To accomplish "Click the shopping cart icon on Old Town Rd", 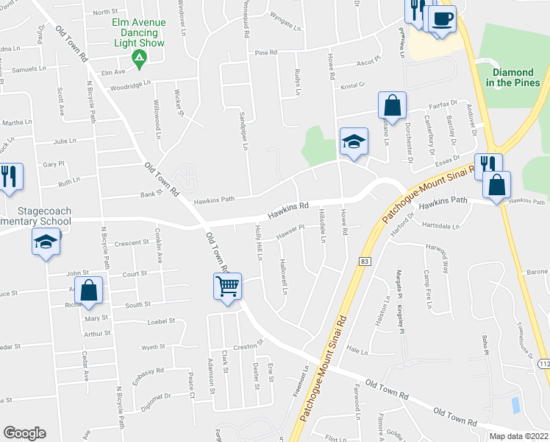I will tap(228, 285).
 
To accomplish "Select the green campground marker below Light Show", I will tap(135, 57).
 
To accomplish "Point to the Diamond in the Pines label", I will tap(512, 77).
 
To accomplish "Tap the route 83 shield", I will tap(364, 262).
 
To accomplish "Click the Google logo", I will tap(24, 432).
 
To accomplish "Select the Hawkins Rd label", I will tap(287, 211).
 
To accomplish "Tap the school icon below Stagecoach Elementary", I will tap(46, 241).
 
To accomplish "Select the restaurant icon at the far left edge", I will tap(9, 177).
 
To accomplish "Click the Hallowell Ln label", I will tap(284, 277).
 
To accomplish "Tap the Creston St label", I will tap(249, 345).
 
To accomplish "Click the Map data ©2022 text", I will tap(518, 436).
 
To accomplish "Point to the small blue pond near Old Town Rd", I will tap(515, 404).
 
